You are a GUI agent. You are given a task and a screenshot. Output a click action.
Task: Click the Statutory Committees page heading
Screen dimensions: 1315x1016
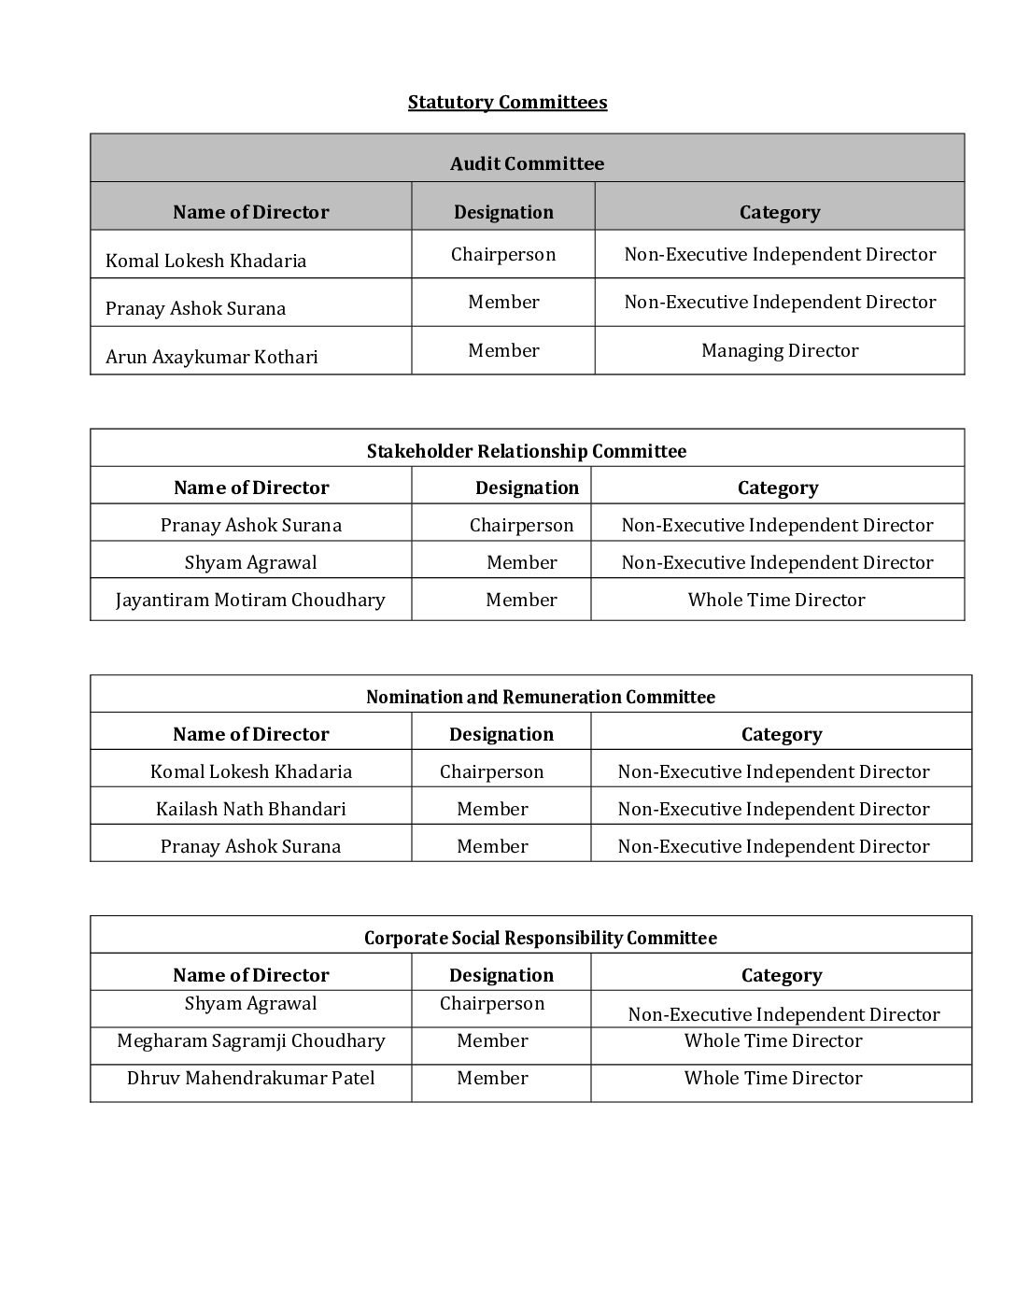click(x=507, y=102)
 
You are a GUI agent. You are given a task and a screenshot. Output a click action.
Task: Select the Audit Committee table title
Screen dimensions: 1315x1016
click(x=527, y=163)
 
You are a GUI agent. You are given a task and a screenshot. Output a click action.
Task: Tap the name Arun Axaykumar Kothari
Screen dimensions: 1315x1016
click(x=212, y=357)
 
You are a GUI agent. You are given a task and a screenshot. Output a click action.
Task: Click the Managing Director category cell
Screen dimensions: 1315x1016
click(x=780, y=350)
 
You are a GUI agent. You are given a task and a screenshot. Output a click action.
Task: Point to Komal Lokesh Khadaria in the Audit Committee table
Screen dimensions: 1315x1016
click(x=205, y=261)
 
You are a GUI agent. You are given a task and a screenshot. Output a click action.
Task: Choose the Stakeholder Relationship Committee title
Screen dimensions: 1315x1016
click(x=526, y=451)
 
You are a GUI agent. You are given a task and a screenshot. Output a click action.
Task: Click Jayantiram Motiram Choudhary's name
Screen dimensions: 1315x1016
click(x=250, y=600)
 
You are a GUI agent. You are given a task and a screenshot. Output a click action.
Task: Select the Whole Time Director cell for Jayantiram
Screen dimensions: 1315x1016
click(x=776, y=600)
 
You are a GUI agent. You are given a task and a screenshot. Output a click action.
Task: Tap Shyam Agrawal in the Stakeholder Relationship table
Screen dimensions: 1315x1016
click(x=250, y=562)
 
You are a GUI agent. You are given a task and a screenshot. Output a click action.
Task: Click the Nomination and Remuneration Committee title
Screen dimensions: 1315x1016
click(x=540, y=697)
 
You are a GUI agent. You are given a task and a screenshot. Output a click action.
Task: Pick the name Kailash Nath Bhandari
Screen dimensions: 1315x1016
click(x=250, y=809)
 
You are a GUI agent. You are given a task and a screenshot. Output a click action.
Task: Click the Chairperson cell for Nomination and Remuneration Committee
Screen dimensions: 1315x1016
click(x=491, y=771)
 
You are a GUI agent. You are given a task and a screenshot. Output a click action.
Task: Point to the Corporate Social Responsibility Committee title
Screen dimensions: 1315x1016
click(x=540, y=938)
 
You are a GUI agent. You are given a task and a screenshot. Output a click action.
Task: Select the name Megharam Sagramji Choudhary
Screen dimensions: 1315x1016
click(x=250, y=1040)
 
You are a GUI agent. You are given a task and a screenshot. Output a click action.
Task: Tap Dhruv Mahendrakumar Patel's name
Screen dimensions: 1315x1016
click(x=250, y=1078)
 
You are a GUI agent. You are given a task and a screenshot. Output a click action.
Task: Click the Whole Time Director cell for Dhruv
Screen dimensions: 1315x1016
click(x=773, y=1078)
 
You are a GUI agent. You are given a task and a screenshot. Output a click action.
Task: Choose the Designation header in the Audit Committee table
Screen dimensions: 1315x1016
click(x=503, y=212)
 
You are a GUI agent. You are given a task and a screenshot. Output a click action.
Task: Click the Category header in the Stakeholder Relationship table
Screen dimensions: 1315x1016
click(x=777, y=488)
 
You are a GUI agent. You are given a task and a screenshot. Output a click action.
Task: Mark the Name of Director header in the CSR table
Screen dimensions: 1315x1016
click(x=250, y=975)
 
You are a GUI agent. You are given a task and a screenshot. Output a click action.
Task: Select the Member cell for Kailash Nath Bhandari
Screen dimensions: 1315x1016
click(x=492, y=809)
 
